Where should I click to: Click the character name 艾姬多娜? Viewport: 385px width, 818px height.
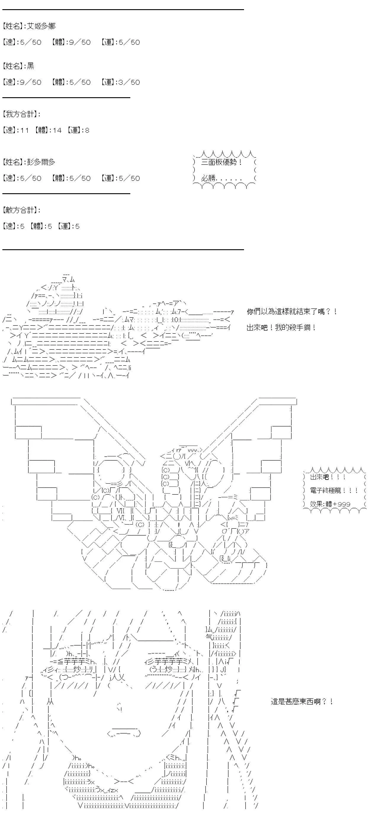[x=41, y=26]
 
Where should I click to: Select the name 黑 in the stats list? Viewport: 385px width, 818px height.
[x=31, y=66]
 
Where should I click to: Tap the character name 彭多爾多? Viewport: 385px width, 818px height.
[x=41, y=162]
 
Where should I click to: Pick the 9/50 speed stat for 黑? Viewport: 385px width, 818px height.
[x=31, y=82]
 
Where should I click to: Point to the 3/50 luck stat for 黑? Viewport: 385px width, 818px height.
[x=129, y=82]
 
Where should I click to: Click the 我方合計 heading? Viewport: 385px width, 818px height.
[x=21, y=114]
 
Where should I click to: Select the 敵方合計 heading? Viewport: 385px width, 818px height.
[x=21, y=210]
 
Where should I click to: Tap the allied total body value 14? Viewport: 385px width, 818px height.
[x=57, y=130]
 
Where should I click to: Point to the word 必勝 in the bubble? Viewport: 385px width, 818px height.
[x=208, y=178]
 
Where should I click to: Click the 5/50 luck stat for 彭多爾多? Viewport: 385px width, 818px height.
[x=129, y=178]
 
